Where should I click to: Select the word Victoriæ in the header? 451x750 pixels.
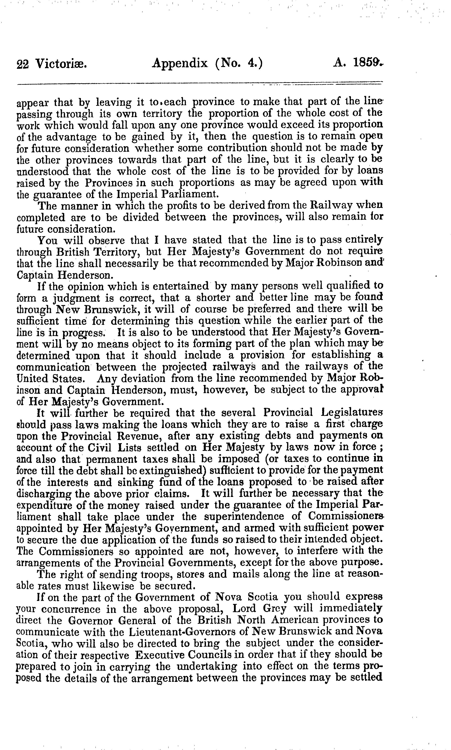pos(61,64)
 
